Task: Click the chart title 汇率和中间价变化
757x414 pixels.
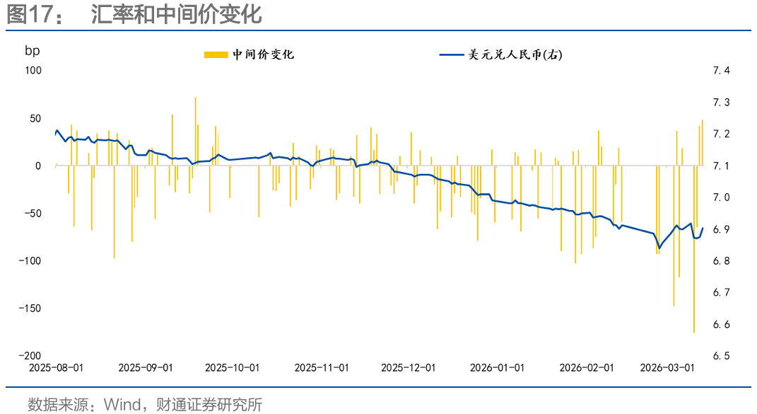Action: tap(176, 15)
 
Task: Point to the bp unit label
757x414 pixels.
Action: tap(33, 50)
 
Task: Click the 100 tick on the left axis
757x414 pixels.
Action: tap(33, 70)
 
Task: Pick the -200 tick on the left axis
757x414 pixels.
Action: tap(31, 355)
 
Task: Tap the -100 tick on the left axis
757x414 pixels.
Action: tap(31, 260)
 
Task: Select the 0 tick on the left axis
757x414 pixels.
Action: tap(39, 166)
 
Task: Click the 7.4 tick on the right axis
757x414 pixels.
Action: tap(721, 70)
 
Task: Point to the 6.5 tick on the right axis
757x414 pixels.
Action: tap(721, 356)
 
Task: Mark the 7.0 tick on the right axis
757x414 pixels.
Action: tap(721, 197)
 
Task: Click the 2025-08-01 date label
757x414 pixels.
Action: tap(56, 368)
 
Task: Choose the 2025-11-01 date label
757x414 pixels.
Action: tap(322, 368)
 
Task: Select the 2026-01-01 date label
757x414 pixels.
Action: tap(498, 368)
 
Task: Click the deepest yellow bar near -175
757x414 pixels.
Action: tap(694, 283)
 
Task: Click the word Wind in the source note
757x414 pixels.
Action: tap(122, 405)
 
